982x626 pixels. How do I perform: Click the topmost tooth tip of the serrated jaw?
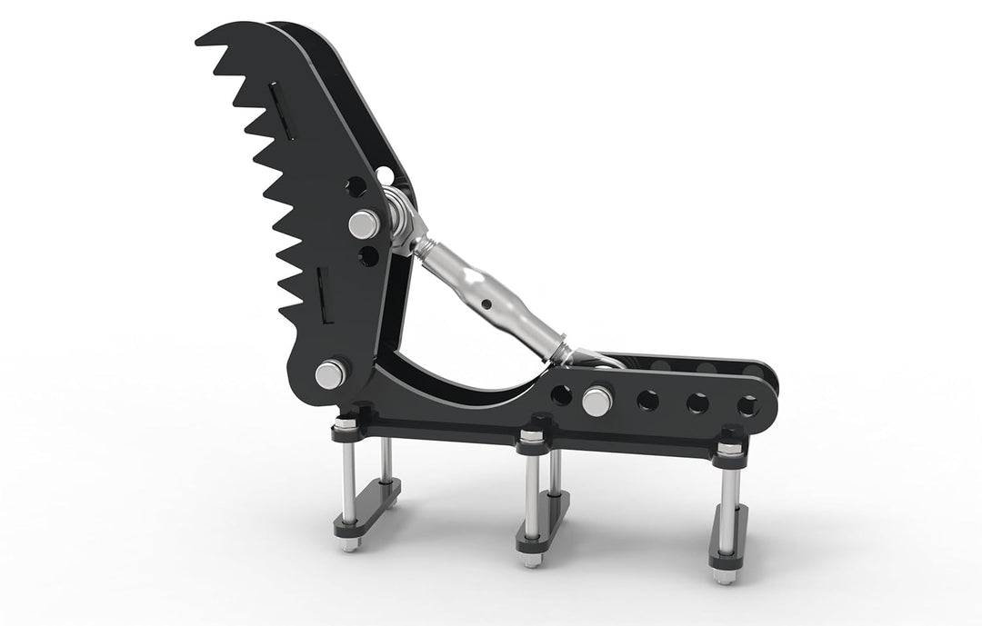pos(199,40)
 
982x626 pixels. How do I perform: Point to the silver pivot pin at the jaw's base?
pos(329,373)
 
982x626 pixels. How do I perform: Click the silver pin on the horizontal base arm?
pos(597,401)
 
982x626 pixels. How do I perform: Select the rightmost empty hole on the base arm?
pos(747,402)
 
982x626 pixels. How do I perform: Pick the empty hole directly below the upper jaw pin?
pos(368,256)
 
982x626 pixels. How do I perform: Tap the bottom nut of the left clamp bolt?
pos(350,546)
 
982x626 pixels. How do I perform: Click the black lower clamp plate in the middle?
pos(543,522)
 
